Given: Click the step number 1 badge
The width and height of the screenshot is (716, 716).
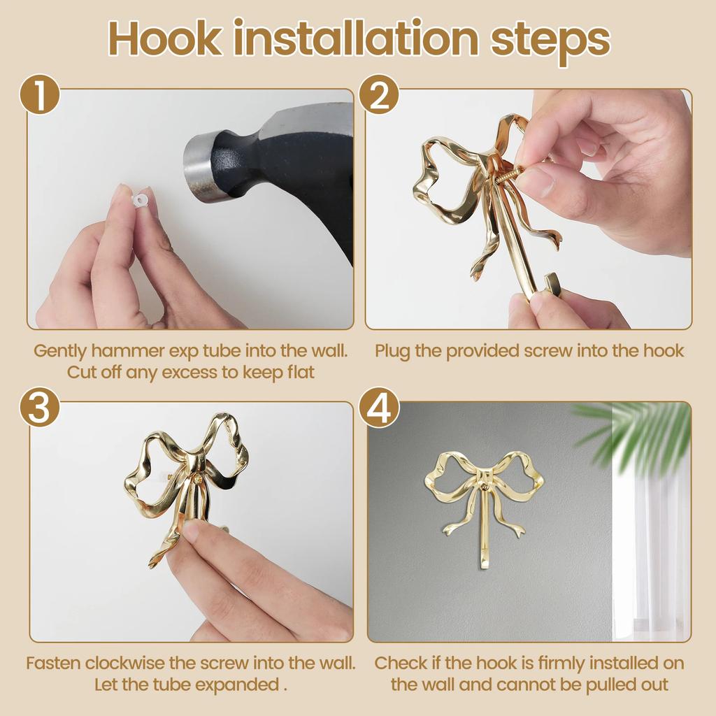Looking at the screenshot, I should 39,96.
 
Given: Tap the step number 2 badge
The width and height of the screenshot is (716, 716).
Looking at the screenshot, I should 380,96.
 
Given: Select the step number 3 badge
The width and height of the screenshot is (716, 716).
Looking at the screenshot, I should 39,409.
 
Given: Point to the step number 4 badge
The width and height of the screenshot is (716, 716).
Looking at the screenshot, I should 380,409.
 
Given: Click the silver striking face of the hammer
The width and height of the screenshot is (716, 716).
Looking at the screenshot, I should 196,169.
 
